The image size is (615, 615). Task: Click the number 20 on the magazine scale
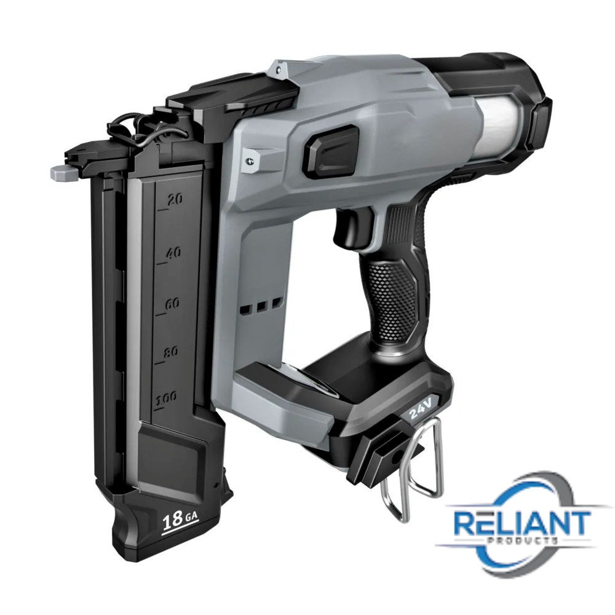pos(175,200)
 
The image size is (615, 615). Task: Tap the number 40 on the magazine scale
pos(173,253)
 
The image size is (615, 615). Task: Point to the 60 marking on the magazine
pos(172,304)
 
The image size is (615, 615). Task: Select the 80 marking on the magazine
pos(170,352)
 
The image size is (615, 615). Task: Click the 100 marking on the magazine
pos(166,399)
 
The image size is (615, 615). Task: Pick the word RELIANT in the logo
pos(522,523)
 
